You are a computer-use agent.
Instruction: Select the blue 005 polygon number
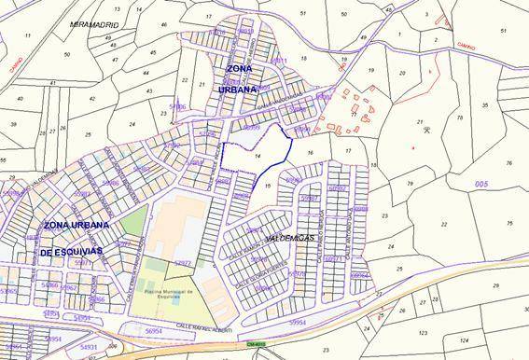pyautogui.click(x=480, y=185)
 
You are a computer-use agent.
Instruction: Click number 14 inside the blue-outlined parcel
pyautogui.click(x=256, y=158)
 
